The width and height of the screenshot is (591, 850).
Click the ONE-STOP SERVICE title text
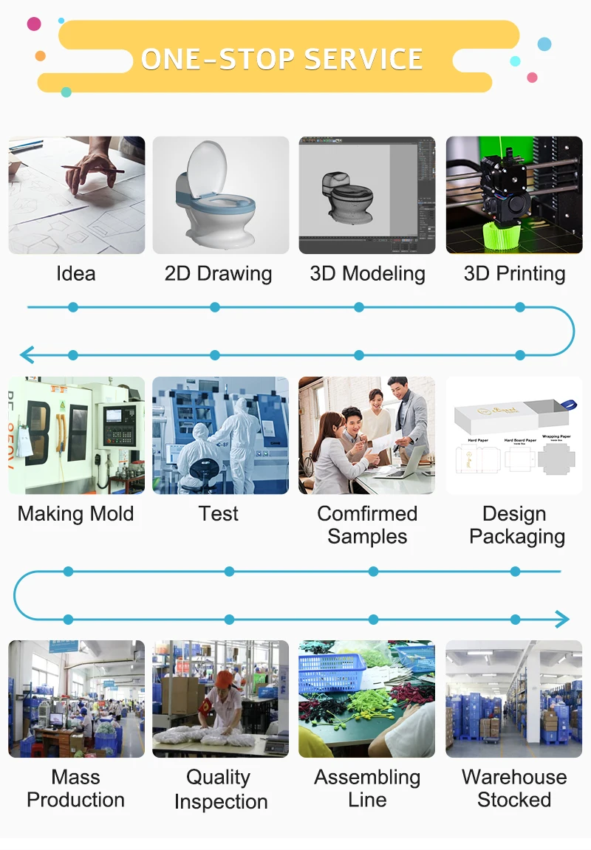point(281,59)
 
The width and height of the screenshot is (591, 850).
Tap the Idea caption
point(75,274)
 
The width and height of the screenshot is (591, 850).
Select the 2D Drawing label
point(218,274)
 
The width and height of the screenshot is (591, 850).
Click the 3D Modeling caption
point(367,274)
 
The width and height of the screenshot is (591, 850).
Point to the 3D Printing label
point(514,274)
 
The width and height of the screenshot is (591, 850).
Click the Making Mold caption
point(75,514)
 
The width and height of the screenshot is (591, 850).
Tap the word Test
point(218,514)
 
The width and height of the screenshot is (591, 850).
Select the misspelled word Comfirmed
point(367,514)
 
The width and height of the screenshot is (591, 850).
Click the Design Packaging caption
point(516,525)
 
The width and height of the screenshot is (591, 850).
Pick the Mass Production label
point(75,788)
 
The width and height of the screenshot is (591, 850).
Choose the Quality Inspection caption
point(220,789)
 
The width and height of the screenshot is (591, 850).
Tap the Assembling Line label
point(367,788)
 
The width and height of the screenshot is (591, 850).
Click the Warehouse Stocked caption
point(514,788)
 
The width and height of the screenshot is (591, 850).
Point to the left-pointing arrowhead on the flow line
point(27,355)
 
